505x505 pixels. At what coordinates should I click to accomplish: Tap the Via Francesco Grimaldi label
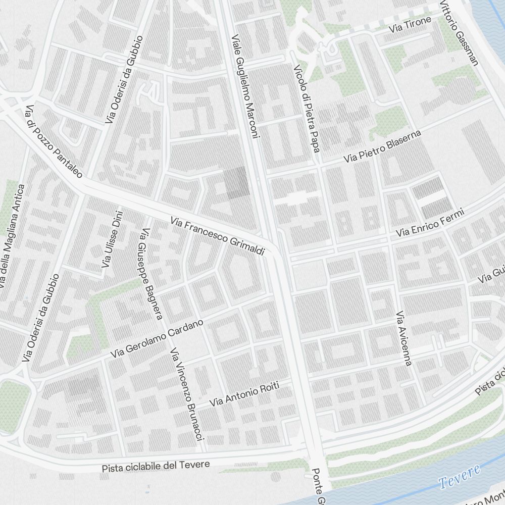pyautogui.click(x=218, y=236)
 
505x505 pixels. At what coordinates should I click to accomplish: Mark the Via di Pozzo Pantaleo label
pyautogui.click(x=54, y=141)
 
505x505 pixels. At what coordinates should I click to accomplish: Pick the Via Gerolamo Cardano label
pyautogui.click(x=157, y=339)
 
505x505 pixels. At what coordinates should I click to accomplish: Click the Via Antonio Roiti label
pyautogui.click(x=244, y=394)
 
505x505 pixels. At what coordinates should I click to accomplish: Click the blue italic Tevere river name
pyautogui.click(x=459, y=476)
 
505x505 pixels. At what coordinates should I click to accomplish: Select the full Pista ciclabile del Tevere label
pyautogui.click(x=156, y=466)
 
